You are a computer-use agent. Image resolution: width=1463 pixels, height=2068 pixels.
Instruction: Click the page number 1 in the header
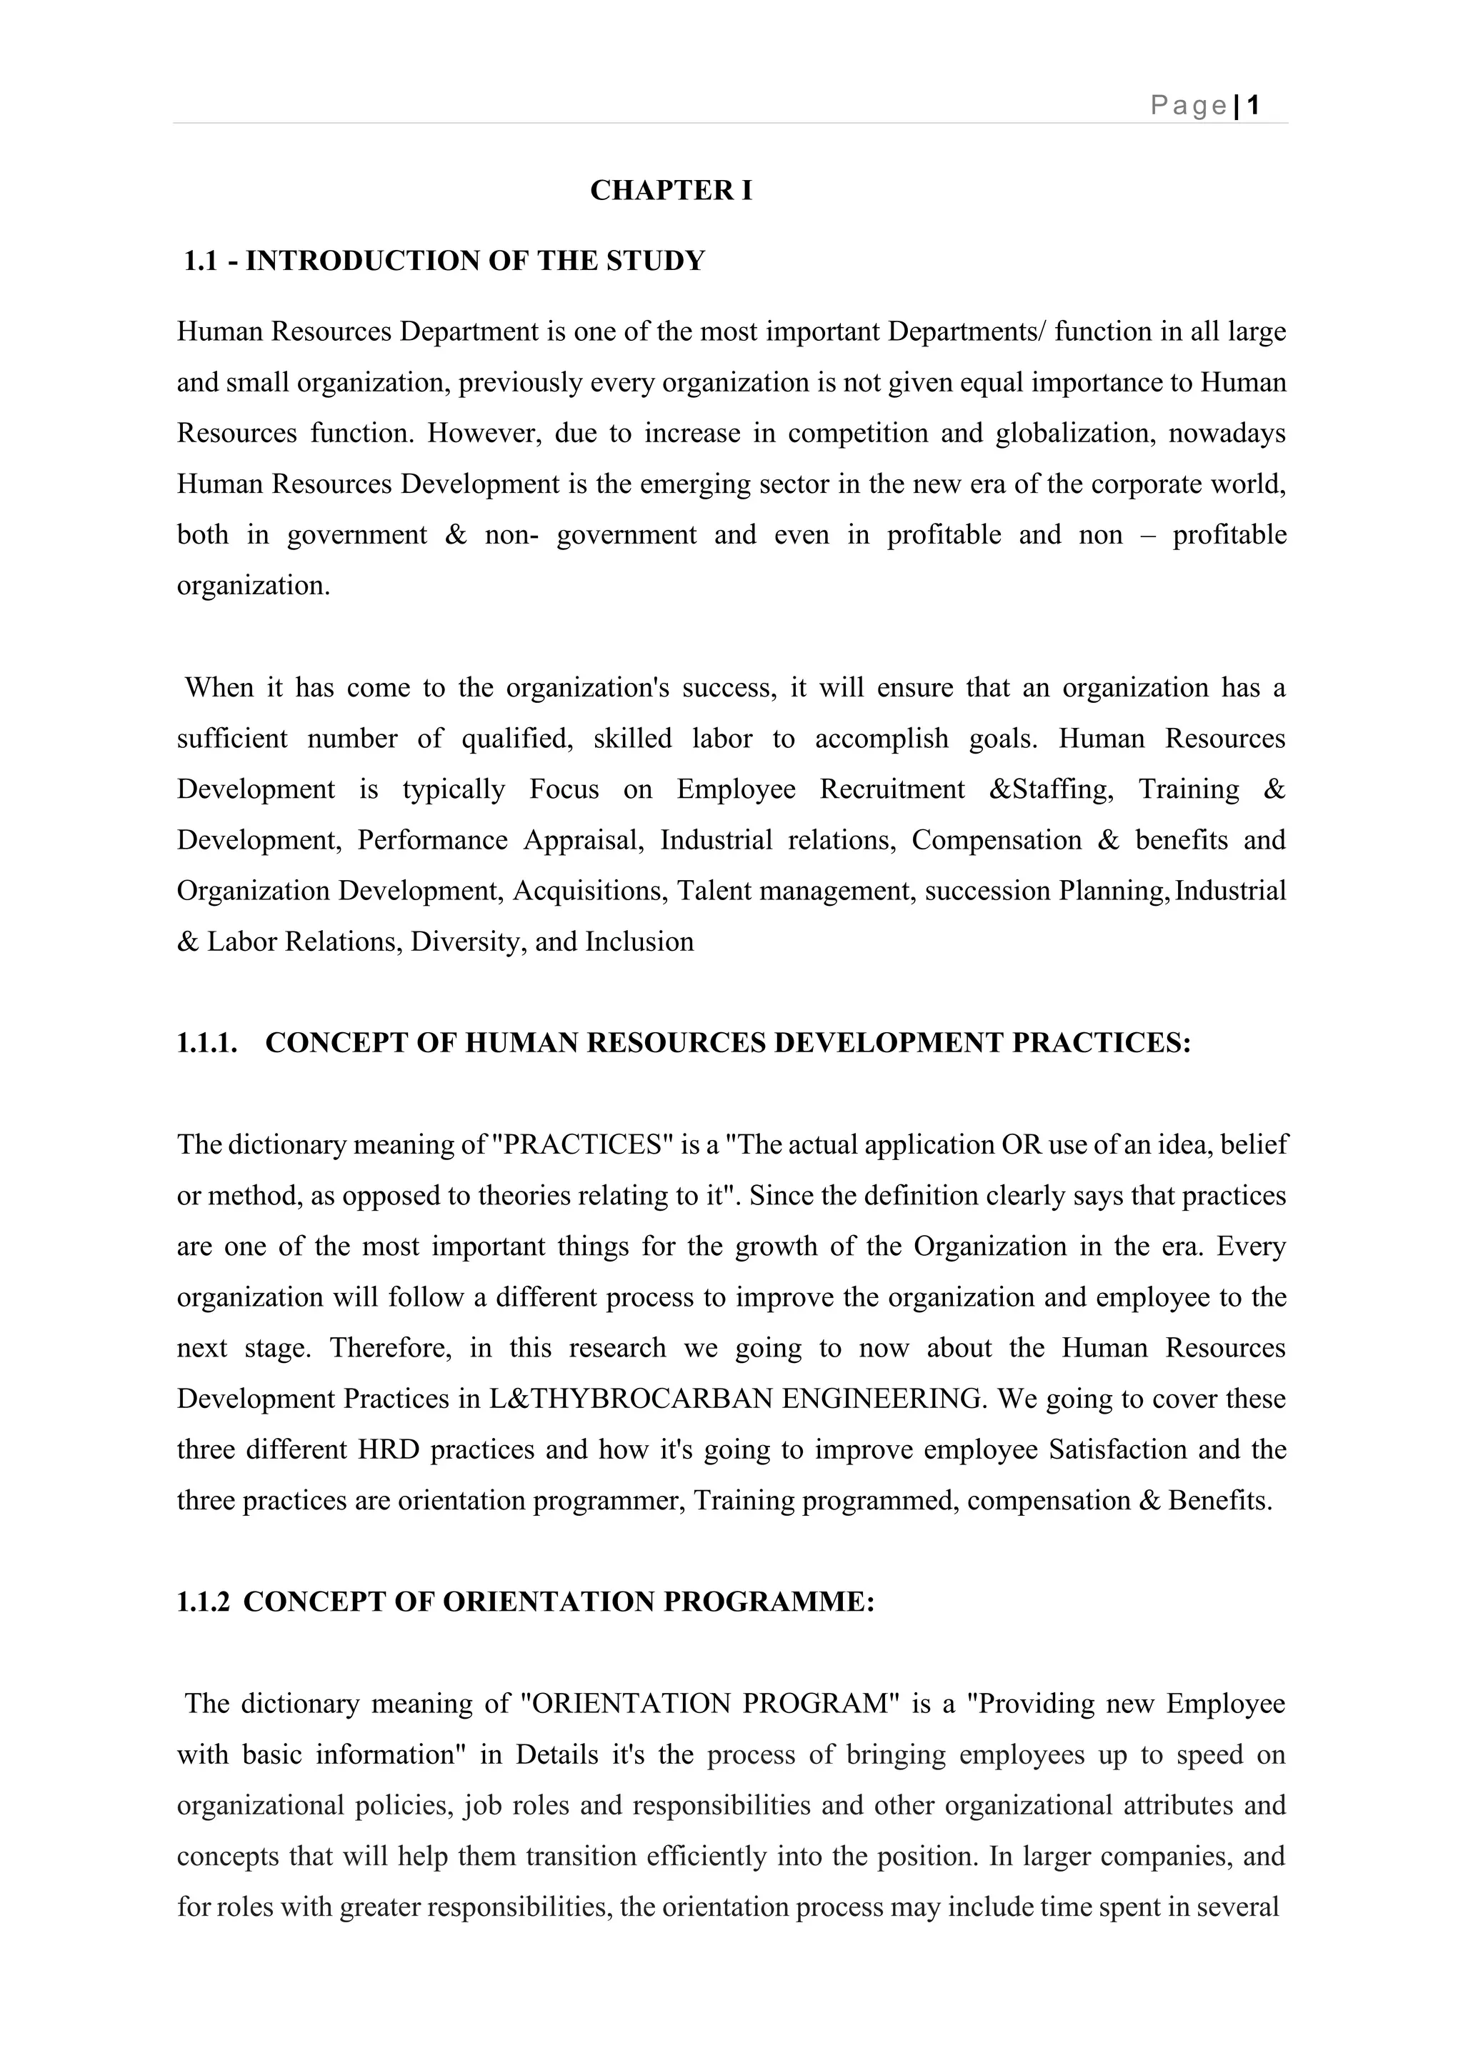tap(1252, 106)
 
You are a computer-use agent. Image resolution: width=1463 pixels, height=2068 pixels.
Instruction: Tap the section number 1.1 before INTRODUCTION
tap(200, 261)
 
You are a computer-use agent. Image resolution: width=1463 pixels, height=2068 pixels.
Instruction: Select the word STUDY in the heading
tap(656, 261)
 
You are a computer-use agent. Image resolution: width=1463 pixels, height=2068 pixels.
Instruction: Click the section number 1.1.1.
tap(207, 1043)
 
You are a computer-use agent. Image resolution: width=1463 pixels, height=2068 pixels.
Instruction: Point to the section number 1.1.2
tap(204, 1602)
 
